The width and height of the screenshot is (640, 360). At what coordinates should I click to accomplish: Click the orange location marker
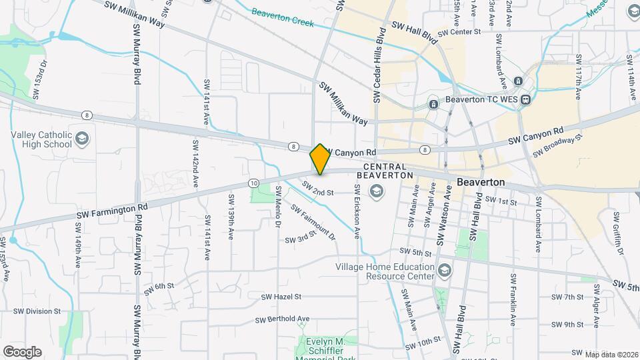click(320, 159)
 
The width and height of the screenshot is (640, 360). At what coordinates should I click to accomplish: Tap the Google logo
click(22, 351)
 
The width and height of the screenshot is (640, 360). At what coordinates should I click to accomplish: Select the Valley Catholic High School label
click(41, 139)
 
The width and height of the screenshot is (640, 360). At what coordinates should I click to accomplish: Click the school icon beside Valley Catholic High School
click(83, 139)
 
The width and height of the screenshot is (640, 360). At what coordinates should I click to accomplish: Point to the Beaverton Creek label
click(283, 17)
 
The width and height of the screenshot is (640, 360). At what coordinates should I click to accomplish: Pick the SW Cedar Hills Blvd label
click(379, 65)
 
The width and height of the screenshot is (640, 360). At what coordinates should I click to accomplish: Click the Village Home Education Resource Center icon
click(445, 271)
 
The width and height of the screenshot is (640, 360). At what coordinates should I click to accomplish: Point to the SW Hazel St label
click(281, 297)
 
